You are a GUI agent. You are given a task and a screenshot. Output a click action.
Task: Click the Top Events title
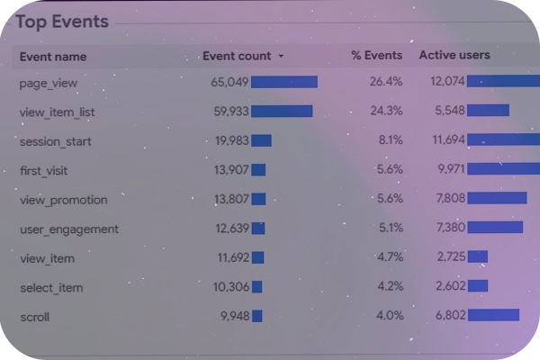[61, 22]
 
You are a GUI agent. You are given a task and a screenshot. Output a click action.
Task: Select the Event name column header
[53, 56]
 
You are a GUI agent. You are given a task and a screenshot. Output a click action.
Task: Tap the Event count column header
[237, 56]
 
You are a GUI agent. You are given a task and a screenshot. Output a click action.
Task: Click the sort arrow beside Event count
[281, 56]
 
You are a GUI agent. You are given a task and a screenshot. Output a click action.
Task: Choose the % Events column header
[375, 56]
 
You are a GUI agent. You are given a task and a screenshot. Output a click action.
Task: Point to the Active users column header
[454, 56]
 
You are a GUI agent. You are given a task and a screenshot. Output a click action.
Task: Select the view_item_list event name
[57, 112]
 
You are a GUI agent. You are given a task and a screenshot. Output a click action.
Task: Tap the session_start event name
[55, 141]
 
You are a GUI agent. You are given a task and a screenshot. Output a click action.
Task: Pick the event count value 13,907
[231, 170]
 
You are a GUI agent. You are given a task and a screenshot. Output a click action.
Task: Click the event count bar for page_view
[284, 82]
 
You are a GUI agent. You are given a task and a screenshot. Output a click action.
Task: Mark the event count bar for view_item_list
[282, 112]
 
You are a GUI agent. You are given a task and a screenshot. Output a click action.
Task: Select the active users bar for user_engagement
[495, 228]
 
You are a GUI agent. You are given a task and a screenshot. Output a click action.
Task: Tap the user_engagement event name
[68, 229]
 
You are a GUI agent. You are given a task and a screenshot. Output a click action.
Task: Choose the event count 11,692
[232, 257]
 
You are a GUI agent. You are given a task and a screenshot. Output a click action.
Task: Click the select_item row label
[51, 287]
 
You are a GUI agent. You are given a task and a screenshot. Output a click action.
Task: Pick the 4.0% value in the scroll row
[390, 316]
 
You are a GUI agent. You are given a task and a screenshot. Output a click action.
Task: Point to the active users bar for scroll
[493, 315]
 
